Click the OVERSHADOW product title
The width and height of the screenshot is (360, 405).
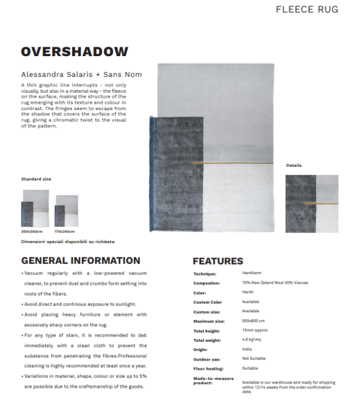74,52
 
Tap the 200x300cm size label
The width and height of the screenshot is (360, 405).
32,232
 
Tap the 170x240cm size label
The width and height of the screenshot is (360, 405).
66,232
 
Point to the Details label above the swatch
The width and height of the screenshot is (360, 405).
294,165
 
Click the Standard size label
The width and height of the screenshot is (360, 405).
35,177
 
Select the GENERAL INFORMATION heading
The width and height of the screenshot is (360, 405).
81,260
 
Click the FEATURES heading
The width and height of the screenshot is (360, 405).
217,261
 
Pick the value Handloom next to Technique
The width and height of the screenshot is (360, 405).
252,273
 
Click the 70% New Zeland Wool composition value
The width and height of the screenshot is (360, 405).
274,283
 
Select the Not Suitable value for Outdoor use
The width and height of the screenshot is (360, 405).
255,358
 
